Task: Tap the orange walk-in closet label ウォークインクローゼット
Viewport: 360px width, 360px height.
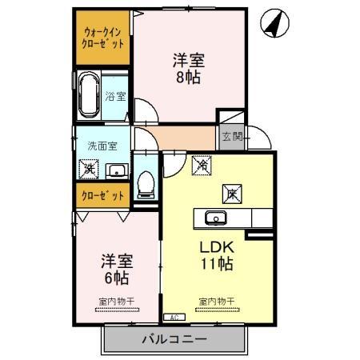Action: (105, 38)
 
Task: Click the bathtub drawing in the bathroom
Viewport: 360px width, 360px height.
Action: (88, 95)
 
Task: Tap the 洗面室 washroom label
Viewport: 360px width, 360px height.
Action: (102, 146)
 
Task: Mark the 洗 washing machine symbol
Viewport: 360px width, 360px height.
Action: (88, 168)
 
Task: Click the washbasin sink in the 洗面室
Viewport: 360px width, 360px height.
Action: (116, 168)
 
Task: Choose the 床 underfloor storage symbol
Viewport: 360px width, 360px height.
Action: (230, 192)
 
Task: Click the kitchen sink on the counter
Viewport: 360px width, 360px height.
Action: (214, 218)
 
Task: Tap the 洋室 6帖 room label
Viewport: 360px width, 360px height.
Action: (116, 269)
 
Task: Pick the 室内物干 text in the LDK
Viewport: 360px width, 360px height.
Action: (217, 301)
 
